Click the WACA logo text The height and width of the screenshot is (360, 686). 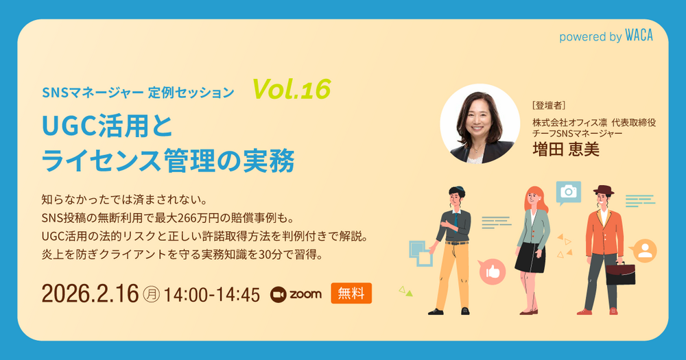tap(639, 36)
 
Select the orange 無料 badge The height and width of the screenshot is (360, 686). tap(351, 293)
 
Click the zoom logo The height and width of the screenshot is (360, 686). tap(296, 294)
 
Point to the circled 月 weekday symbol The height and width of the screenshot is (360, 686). tap(152, 294)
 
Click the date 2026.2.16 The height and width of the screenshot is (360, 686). tap(90, 293)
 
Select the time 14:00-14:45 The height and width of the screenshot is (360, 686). tap(212, 295)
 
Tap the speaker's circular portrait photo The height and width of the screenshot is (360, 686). tap(480, 124)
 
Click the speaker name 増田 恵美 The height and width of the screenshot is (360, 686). tap(566, 149)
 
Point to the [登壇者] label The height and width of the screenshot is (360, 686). tap(549, 106)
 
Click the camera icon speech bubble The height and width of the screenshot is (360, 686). tap(568, 193)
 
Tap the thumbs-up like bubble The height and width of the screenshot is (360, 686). tap(492, 272)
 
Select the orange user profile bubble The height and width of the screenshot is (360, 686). tap(644, 251)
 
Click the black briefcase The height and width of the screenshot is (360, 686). tap(620, 272)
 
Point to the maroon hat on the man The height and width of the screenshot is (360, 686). tap(604, 190)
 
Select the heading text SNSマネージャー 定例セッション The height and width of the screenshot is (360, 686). tap(139, 93)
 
